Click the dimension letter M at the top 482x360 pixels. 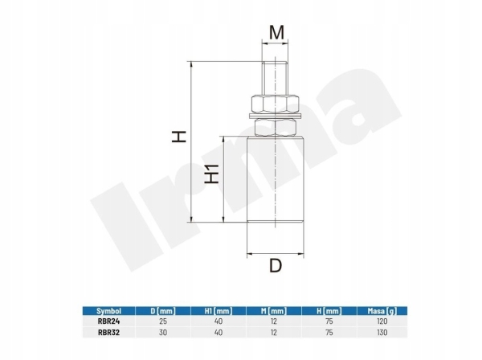tap(276, 33)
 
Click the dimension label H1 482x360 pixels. tap(212, 174)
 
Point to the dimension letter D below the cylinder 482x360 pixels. tap(276, 266)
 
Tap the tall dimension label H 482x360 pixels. tap(179, 136)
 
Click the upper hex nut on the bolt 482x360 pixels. tap(275, 104)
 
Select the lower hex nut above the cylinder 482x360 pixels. tap(275, 128)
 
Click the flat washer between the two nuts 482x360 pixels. tap(275, 116)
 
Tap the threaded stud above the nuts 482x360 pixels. tap(275, 79)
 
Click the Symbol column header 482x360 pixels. tap(108, 311)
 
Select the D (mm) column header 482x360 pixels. tap(163, 311)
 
